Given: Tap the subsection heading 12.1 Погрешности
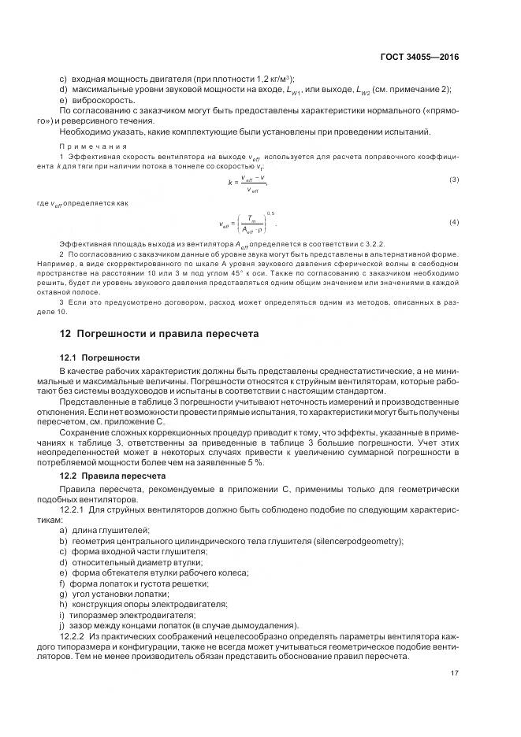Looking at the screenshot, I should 100,357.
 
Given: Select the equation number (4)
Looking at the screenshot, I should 454,222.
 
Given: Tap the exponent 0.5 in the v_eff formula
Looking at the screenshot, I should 270,213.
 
